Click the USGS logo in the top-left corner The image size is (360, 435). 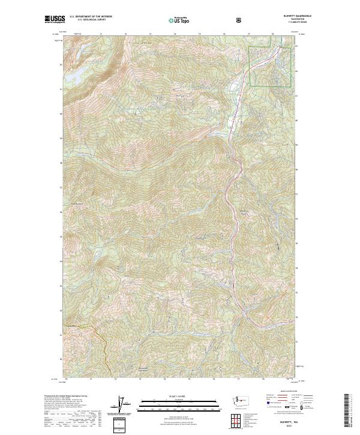[55, 19]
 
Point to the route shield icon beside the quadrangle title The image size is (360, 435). [240, 20]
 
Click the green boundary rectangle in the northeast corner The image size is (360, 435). [271, 66]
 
